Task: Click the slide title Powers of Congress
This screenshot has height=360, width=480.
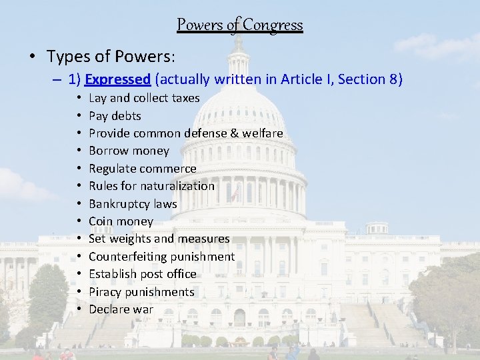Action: coord(239,25)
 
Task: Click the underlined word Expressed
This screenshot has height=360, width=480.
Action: coord(117,79)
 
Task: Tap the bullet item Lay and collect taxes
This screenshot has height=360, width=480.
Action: coord(144,98)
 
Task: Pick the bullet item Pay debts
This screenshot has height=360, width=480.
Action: coord(115,115)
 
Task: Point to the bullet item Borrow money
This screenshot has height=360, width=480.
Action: coord(129,151)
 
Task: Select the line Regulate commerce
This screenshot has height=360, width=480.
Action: coord(142,169)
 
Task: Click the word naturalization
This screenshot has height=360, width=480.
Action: coord(178,186)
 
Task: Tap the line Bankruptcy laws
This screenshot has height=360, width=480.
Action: coord(133,203)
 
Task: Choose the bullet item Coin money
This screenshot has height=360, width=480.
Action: coord(121,221)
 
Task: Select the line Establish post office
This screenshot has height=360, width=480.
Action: coord(142,274)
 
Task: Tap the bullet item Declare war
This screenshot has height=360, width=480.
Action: coord(121,309)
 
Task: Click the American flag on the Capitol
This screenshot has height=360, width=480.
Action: coord(235,193)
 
